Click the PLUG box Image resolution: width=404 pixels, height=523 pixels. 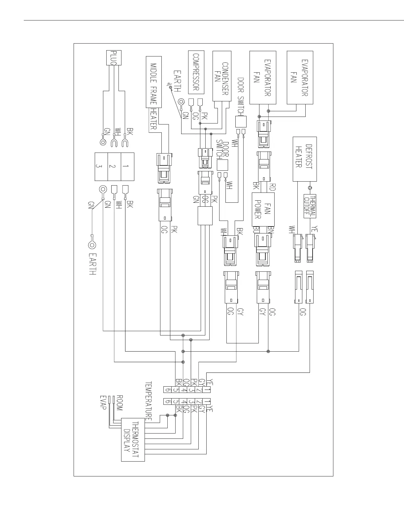pyautogui.click(x=113, y=58)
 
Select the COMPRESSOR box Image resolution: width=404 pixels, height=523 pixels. pyautogui.click(x=196, y=72)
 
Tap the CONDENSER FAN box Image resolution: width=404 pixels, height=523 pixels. pyautogui.click(x=222, y=76)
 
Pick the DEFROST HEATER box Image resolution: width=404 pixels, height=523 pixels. pyautogui.click(x=305, y=159)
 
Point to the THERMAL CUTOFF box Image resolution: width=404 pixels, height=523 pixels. pyautogui.click(x=310, y=206)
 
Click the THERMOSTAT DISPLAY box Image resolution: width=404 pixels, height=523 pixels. pyautogui.click(x=133, y=440)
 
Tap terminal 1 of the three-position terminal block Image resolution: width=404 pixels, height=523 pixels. pyautogui.click(x=127, y=166)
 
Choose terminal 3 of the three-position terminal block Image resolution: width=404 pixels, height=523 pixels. pyautogui.click(x=101, y=166)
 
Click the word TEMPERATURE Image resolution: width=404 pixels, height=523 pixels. pyautogui.click(x=149, y=401)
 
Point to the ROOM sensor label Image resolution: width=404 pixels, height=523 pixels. pyautogui.click(x=119, y=403)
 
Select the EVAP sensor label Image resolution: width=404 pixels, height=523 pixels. pyautogui.click(x=103, y=403)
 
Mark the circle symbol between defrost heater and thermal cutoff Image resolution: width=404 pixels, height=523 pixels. pyautogui.click(x=310, y=188)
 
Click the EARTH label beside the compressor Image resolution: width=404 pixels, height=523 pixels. pyautogui.click(x=177, y=81)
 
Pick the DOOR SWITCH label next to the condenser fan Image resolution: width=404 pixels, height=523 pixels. pyautogui.click(x=241, y=96)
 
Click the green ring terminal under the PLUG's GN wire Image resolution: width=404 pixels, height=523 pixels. pyautogui.click(x=103, y=143)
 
